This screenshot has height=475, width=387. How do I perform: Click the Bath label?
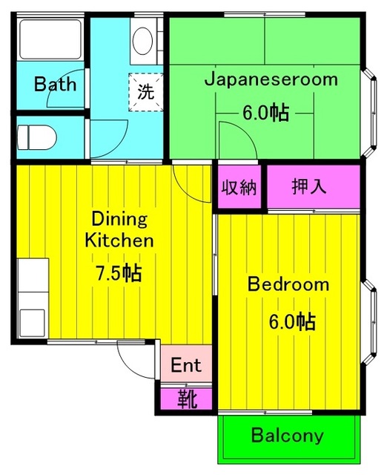click(55, 84)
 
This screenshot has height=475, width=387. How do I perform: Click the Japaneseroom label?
click(271, 79)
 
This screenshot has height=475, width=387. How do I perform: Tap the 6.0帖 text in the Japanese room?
click(265, 114)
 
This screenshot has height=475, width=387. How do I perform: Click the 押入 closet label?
click(308, 186)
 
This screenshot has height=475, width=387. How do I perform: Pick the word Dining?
click(119, 219)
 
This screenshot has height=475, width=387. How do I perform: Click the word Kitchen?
click(119, 240)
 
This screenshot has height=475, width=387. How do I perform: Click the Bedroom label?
click(288, 284)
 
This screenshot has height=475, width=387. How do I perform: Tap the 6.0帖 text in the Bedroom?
click(291, 321)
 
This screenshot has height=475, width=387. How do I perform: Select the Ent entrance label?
click(186, 366)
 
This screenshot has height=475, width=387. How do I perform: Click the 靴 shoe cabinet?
click(187, 399)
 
